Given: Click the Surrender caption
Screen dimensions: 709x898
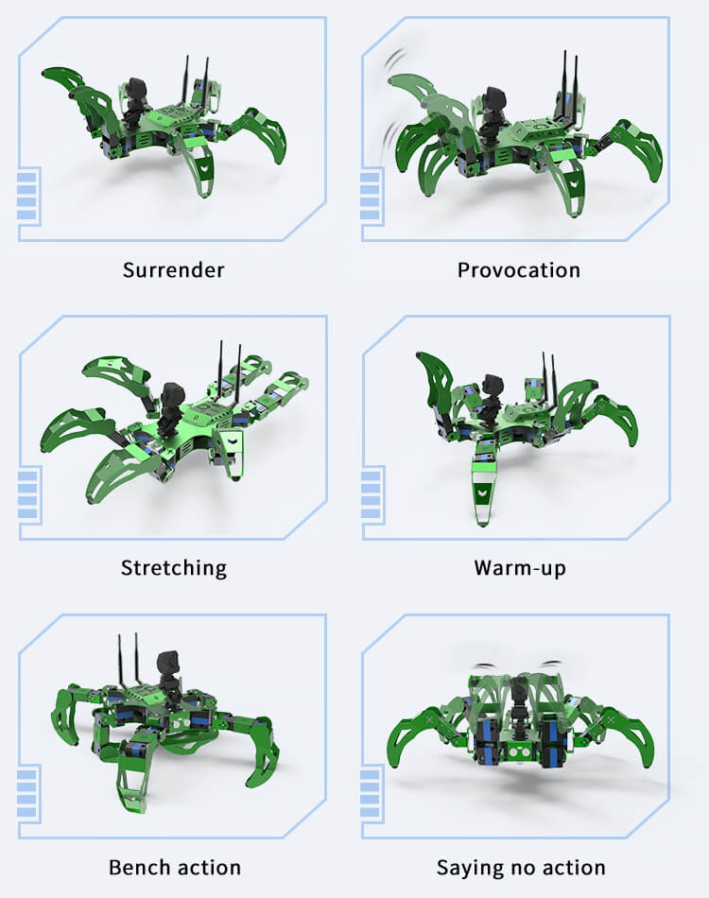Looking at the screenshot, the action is tap(174, 269).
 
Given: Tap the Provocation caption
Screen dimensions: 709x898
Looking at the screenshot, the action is tap(519, 269).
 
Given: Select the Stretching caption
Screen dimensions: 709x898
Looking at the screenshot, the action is tap(174, 568).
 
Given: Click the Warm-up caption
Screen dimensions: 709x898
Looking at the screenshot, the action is tap(520, 568).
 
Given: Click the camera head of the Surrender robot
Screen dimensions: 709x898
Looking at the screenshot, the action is tap(136, 90).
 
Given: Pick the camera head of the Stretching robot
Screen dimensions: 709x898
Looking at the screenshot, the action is tap(171, 395).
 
